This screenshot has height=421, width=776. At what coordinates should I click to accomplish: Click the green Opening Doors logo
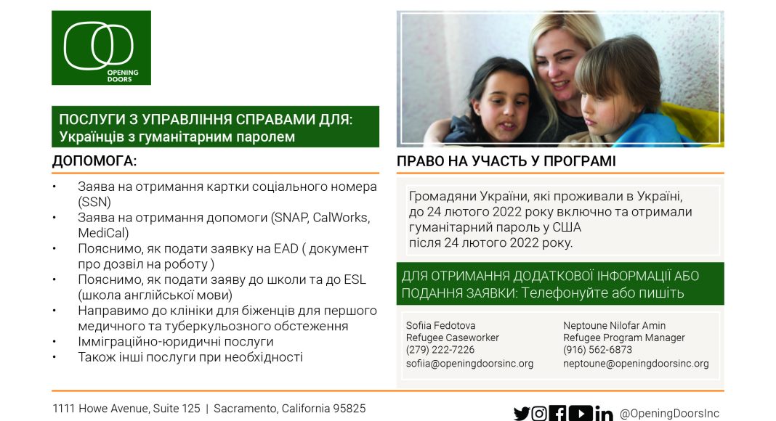click(101, 47)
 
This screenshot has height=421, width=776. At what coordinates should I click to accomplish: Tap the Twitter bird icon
click(521, 413)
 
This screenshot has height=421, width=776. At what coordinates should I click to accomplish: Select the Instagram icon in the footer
click(539, 413)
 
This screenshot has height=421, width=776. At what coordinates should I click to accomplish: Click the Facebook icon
click(558, 413)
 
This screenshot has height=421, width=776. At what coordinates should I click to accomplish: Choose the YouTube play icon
click(581, 413)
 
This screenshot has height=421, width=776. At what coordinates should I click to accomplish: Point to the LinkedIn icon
click(604, 413)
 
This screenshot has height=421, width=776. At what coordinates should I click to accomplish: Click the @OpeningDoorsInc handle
click(669, 413)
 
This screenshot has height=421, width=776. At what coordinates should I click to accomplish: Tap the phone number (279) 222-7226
click(440, 350)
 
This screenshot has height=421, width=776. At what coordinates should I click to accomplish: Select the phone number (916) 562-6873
click(597, 350)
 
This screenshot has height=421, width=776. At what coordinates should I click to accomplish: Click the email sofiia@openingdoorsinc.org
click(469, 364)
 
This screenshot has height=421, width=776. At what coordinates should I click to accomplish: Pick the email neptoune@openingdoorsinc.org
click(636, 364)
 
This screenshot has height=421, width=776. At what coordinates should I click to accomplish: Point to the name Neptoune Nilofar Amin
click(614, 326)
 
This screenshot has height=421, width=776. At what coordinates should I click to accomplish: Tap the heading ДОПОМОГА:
click(94, 161)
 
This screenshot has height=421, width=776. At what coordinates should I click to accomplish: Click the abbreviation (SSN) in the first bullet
click(94, 202)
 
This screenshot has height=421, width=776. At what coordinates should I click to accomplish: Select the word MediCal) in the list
click(103, 233)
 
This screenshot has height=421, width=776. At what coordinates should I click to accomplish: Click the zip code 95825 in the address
click(349, 409)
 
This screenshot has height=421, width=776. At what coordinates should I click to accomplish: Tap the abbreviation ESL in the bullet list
click(355, 279)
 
